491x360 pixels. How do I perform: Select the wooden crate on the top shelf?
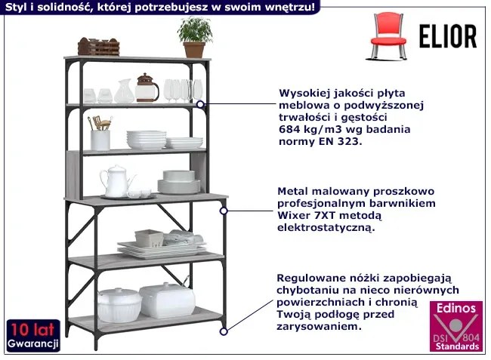coord(99,47)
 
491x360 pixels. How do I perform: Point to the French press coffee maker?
coord(147,88)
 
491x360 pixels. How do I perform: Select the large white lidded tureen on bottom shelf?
coord(119,305)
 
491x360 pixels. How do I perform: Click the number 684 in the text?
coord(290,130)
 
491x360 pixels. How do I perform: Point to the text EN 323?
coord(344,142)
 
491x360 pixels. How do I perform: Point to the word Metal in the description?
coord(293,191)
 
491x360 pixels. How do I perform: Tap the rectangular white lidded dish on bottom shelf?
coord(168,300)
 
